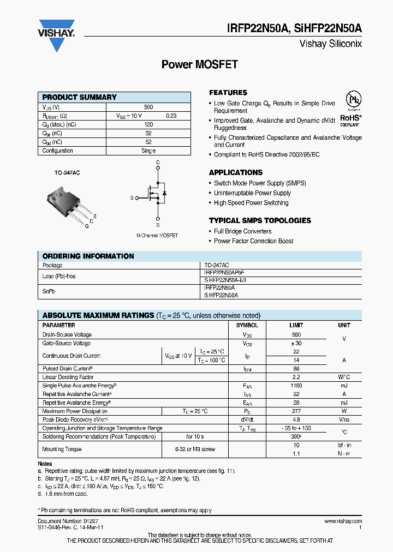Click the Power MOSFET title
[199, 64]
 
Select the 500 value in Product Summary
[148, 107]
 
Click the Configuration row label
[58, 151]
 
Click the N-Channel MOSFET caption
[157, 235]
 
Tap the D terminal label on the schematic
[158, 163]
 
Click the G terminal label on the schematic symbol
[132, 197]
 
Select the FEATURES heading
[228, 93]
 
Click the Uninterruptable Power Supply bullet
[252, 193]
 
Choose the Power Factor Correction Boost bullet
[253, 241]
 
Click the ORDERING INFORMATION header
[88, 256]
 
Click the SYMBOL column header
[247, 325]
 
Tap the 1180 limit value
[296, 386]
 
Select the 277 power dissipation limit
[296, 411]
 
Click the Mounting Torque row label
[62, 449]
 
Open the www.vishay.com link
[343, 521]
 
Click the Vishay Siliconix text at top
[331, 44]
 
